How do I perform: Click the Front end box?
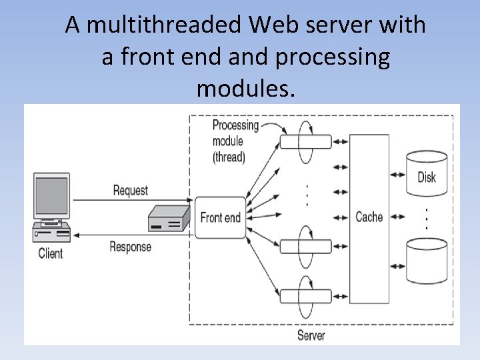click(220, 217)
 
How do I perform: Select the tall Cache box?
click(369, 217)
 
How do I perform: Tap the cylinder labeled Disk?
click(427, 173)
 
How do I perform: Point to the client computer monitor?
click(52, 197)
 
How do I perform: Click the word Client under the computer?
click(51, 253)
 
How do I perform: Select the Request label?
click(131, 191)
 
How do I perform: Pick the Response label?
click(131, 247)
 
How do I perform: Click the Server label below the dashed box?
click(311, 335)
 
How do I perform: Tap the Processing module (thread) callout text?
click(235, 141)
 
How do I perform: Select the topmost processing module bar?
click(305, 142)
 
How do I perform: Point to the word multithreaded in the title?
click(166, 25)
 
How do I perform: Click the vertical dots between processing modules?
click(305, 194)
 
